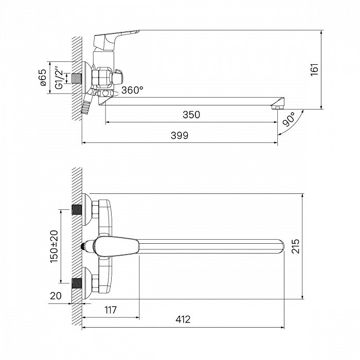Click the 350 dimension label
(191, 115)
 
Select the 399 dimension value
(179, 135)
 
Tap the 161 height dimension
(315, 70)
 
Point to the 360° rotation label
(132, 90)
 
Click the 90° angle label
(289, 120)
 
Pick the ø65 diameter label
(43, 77)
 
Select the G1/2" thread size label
(59, 78)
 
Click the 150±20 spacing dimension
(54, 246)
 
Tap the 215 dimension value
(296, 246)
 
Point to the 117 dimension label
(111, 310)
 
